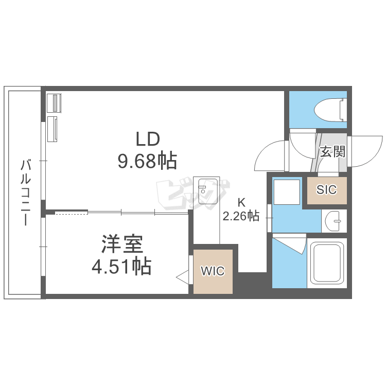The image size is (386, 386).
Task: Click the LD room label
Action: tap(148, 139)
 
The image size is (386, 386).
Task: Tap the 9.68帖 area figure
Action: tap(147, 161)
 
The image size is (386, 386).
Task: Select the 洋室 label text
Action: tap(122, 244)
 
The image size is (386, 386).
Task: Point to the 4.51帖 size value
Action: tap(121, 267)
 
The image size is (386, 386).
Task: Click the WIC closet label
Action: tap(213, 271)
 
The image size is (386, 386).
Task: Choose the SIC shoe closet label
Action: tap(326, 189)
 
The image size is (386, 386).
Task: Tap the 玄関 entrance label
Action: tap(332, 151)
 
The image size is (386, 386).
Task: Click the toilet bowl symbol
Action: tap(330, 110)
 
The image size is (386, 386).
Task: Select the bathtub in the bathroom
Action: tap(327, 262)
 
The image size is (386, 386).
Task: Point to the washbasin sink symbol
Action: tap(333, 221)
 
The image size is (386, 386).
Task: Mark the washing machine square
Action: tap(287, 192)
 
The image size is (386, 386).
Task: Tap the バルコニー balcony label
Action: tap(25, 192)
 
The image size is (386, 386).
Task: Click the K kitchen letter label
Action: tap(241, 203)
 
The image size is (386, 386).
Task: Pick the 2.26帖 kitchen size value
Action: tap(241, 216)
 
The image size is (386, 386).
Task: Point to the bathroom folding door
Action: tap(289, 243)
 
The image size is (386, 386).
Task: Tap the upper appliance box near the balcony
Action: tap(54, 103)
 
